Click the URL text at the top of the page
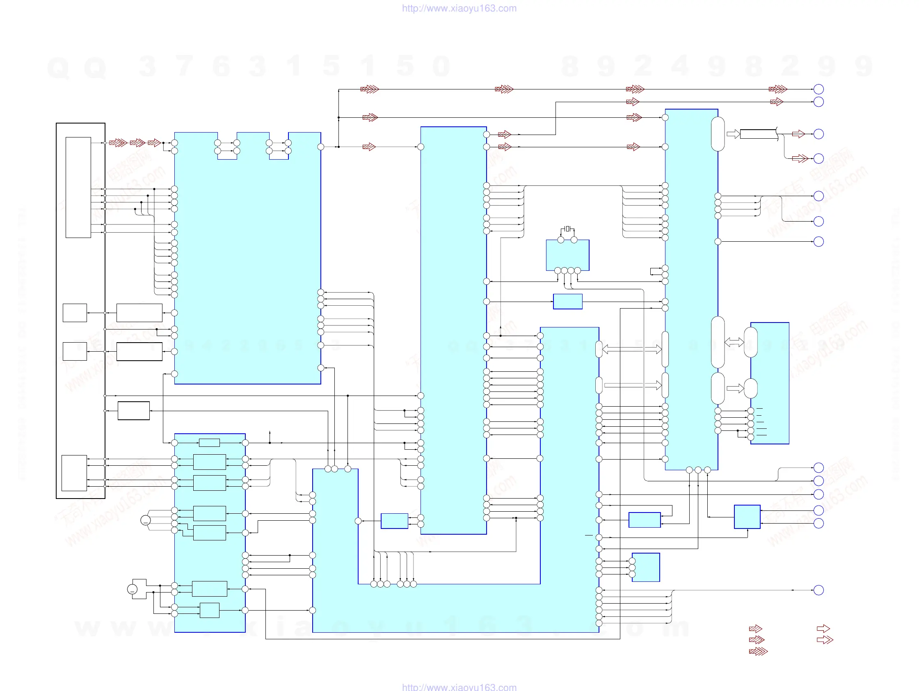coord(459,8)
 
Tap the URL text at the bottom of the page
coord(459,686)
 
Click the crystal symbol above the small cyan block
coord(567,229)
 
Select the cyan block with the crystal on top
coord(567,255)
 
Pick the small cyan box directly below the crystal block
coord(567,301)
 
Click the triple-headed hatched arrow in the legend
coord(758,651)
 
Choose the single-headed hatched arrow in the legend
coord(755,629)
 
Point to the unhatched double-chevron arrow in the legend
coord(825,640)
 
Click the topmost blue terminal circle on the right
coord(818,89)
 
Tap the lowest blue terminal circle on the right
coord(818,590)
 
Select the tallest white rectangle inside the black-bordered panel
coord(78,188)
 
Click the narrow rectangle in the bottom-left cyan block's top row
coord(209,443)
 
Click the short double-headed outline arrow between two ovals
coord(734,342)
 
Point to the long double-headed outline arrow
coord(631,350)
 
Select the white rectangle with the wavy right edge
coord(758,134)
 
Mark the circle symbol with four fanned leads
coord(145,520)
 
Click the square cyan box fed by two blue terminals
coord(747,517)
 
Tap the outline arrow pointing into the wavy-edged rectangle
coord(733,134)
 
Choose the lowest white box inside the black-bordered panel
coord(74,473)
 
